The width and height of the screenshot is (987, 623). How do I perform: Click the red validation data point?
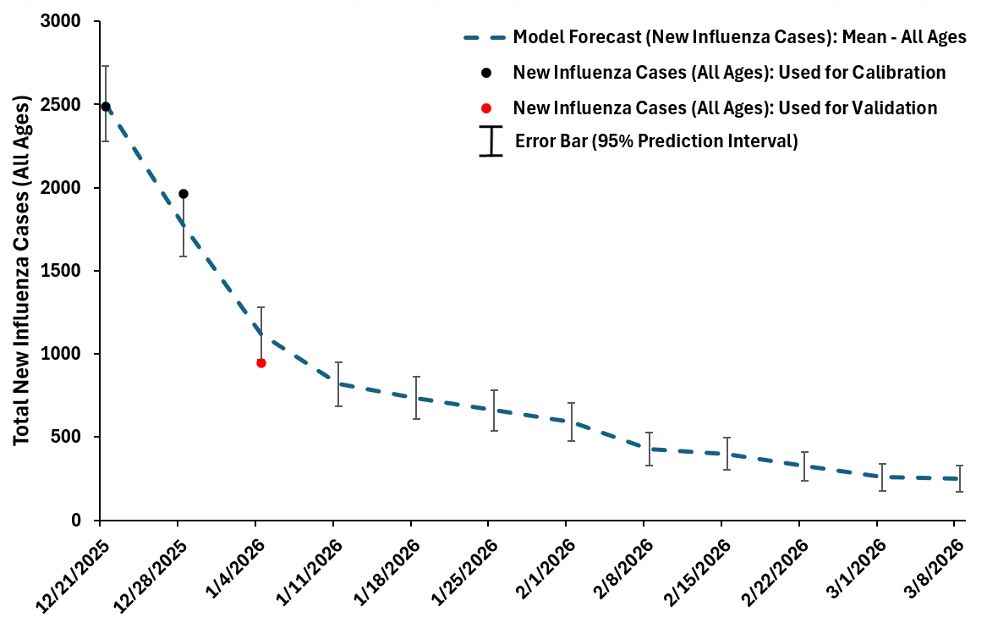pos(261,362)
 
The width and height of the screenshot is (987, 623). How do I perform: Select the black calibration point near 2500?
pos(106,107)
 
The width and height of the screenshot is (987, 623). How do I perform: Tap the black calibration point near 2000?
pos(184,194)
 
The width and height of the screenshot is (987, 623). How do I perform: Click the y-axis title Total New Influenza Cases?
pos(22,271)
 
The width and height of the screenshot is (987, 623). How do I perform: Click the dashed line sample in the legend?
pos(485,38)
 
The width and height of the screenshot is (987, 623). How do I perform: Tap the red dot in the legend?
pos(485,108)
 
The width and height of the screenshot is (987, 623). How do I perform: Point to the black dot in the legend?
pos(485,73)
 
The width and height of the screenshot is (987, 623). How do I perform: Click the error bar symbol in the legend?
pos(491,141)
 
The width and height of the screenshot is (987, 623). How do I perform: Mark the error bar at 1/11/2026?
pos(339,384)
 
